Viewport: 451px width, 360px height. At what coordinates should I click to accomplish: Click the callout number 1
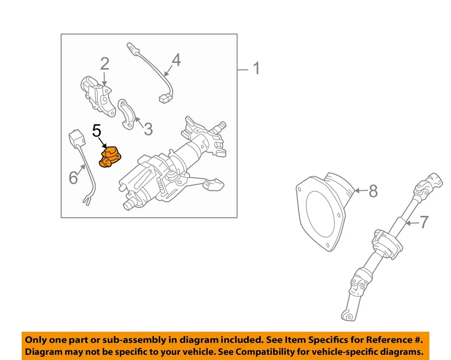256,69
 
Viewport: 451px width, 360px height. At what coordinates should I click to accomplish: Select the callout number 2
104,63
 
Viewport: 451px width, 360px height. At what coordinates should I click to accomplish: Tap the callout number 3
148,128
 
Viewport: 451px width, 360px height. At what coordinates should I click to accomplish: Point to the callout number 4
176,60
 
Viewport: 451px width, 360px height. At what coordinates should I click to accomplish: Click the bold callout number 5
97,131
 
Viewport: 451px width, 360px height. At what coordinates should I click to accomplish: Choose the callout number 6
73,177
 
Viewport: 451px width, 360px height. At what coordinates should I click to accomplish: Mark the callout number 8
373,191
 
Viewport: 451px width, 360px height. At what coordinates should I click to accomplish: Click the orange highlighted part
109,157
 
